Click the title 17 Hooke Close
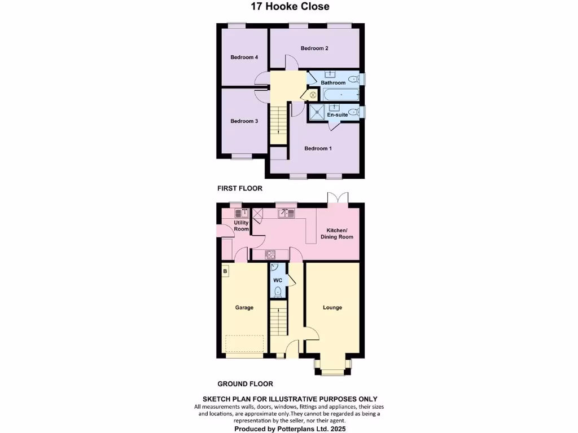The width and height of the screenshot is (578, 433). tap(290, 7)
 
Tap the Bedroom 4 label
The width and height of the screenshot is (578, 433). tap(244, 58)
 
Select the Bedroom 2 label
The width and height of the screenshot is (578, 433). tap(314, 48)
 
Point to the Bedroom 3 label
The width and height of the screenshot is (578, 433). tap(244, 121)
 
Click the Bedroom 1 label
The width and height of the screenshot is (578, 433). tap(318, 149)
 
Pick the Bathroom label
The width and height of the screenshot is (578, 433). tap(333, 83)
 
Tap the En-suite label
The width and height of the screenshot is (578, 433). tap(338, 115)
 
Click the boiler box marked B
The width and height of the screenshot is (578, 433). tap(225, 271)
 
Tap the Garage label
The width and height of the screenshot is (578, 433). tap(244, 308)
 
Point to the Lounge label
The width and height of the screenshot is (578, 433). tap(332, 308)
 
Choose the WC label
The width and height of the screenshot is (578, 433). tap(278, 280)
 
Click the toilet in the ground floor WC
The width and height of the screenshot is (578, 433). tap(278, 291)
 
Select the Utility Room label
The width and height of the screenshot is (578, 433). tap(242, 226)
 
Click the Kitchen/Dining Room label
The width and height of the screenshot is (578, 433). tap(337, 233)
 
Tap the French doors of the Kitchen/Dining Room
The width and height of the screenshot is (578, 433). tap(338, 199)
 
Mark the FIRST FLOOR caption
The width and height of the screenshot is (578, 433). tap(240, 188)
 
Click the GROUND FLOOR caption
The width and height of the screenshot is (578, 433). tap(245, 384)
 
